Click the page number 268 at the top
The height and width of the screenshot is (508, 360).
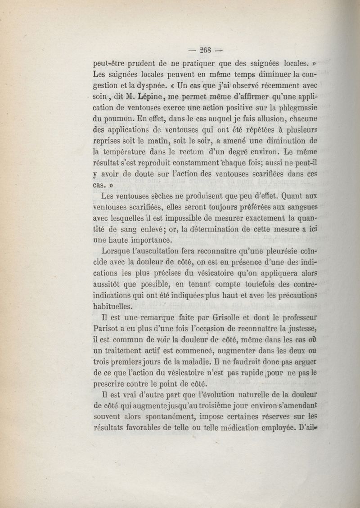tap(207, 49)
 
